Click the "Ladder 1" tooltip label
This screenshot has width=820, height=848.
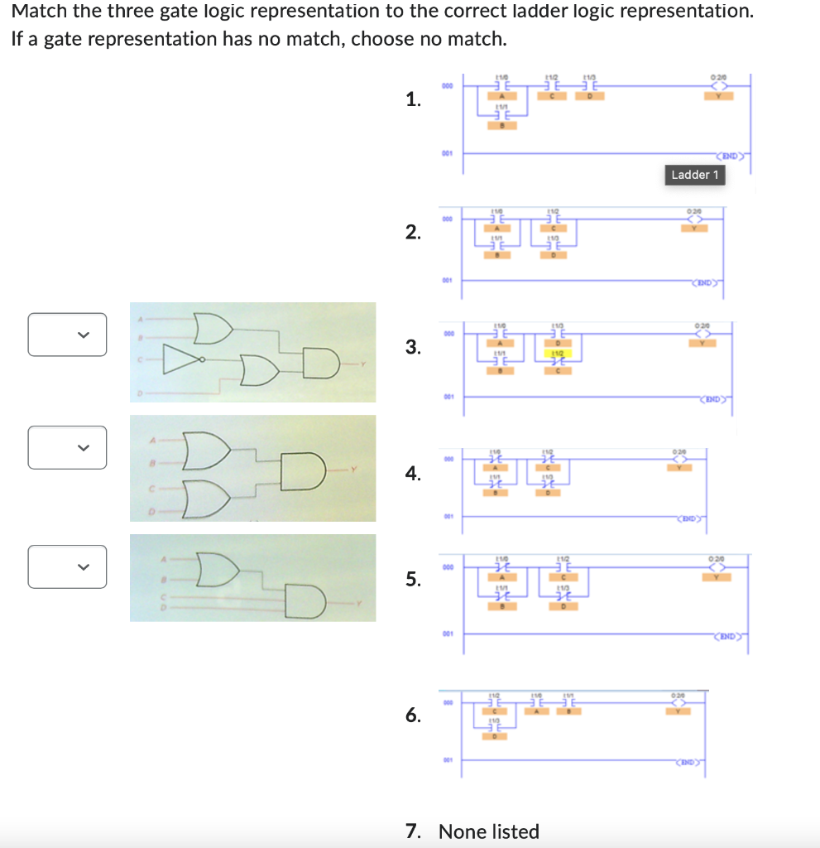coord(695,175)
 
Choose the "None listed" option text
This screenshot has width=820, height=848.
coord(488,831)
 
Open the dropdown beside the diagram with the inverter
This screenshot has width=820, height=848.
coord(67,335)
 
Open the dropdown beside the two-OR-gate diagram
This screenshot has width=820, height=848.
coord(67,447)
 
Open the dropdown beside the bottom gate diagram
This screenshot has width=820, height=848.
coord(67,566)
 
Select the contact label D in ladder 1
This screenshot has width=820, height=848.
coord(590,96)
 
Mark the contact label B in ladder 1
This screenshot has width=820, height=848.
coord(501,126)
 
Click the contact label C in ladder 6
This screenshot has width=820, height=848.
coord(494,710)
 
